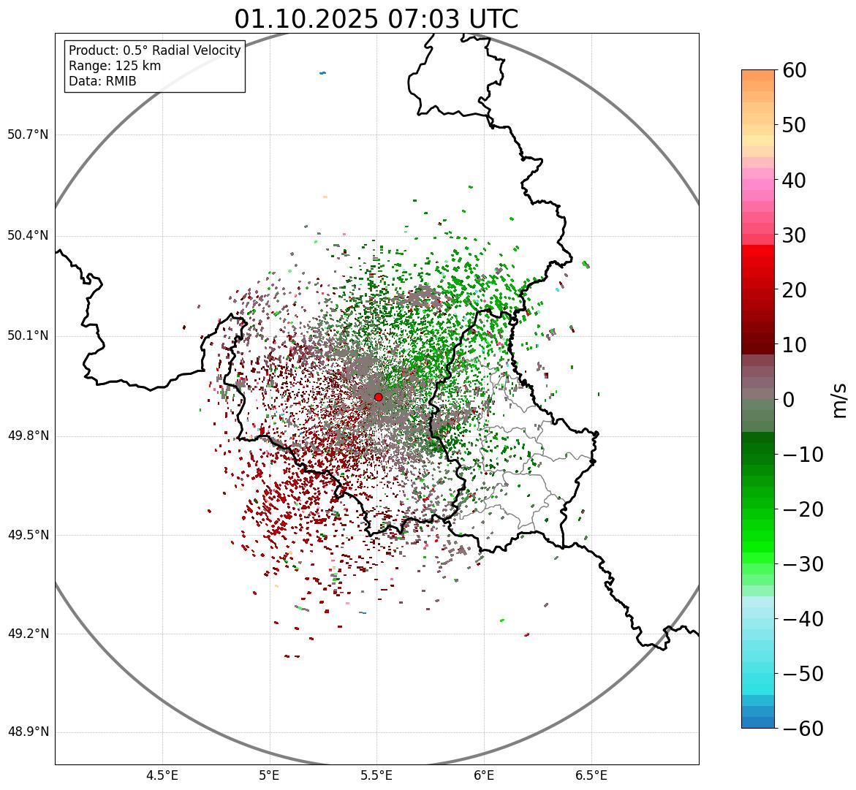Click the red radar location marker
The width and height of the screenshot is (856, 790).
coord(378,397)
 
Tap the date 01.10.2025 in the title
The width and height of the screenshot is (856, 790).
coord(306,19)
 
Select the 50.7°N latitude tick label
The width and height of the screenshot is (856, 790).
coord(28,134)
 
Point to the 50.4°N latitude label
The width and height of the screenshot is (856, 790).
coord(28,235)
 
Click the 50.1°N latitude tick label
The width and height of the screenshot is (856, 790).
coord(28,335)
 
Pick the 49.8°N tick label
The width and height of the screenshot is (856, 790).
coord(28,436)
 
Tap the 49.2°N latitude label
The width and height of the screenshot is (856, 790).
coord(28,633)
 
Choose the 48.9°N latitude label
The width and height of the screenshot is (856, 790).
coord(28,732)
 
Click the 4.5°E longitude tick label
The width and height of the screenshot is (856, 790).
coord(162,775)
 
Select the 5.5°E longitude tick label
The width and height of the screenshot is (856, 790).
coord(376,775)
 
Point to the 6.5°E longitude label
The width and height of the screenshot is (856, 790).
coord(591,775)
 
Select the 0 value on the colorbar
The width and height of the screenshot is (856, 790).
coord(789,400)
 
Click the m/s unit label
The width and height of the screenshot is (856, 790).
coord(840,400)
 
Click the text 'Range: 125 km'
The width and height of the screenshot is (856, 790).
coord(115,66)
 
